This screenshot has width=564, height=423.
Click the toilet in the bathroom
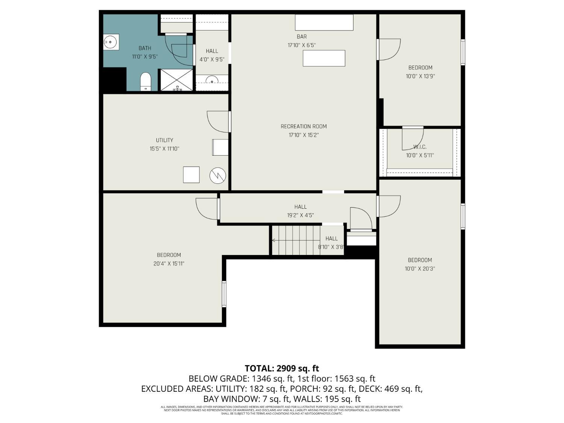coord(146,82)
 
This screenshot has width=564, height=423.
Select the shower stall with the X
coord(177,80)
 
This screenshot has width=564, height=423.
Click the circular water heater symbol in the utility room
coord(218,176)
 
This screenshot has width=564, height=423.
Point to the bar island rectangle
coord(324,58)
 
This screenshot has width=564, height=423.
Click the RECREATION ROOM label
coord(303,126)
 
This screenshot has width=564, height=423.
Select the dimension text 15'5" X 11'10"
coord(164,149)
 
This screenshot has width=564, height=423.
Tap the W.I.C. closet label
coord(420,147)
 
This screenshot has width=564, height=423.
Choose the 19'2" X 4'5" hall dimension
coord(300,215)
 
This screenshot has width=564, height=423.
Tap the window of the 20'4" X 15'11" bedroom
coord(224,294)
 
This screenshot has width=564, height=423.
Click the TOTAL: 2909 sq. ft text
coord(282,368)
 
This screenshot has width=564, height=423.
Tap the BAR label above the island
coord(302,36)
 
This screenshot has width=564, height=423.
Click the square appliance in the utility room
coord(191,174)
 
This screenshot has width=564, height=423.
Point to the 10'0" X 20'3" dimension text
coord(420,268)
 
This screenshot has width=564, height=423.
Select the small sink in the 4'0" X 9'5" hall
coord(212,80)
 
